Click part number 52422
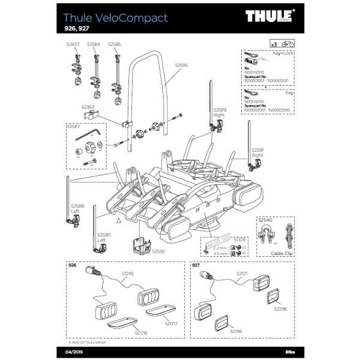pyautogui.click(x=72, y=44)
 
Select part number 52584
pyautogui.click(x=93, y=44)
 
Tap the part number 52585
pyautogui.click(x=115, y=44)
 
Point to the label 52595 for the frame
pyautogui.click(x=181, y=65)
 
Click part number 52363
pyautogui.click(x=88, y=107)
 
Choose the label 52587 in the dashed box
pyautogui.click(x=74, y=127)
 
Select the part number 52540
pyautogui.click(x=265, y=220)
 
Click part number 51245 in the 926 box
pyautogui.click(x=128, y=274)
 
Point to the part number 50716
pyautogui.click(x=141, y=331)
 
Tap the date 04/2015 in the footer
pyautogui.click(x=74, y=350)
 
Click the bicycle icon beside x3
pyautogui.click(x=287, y=44)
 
